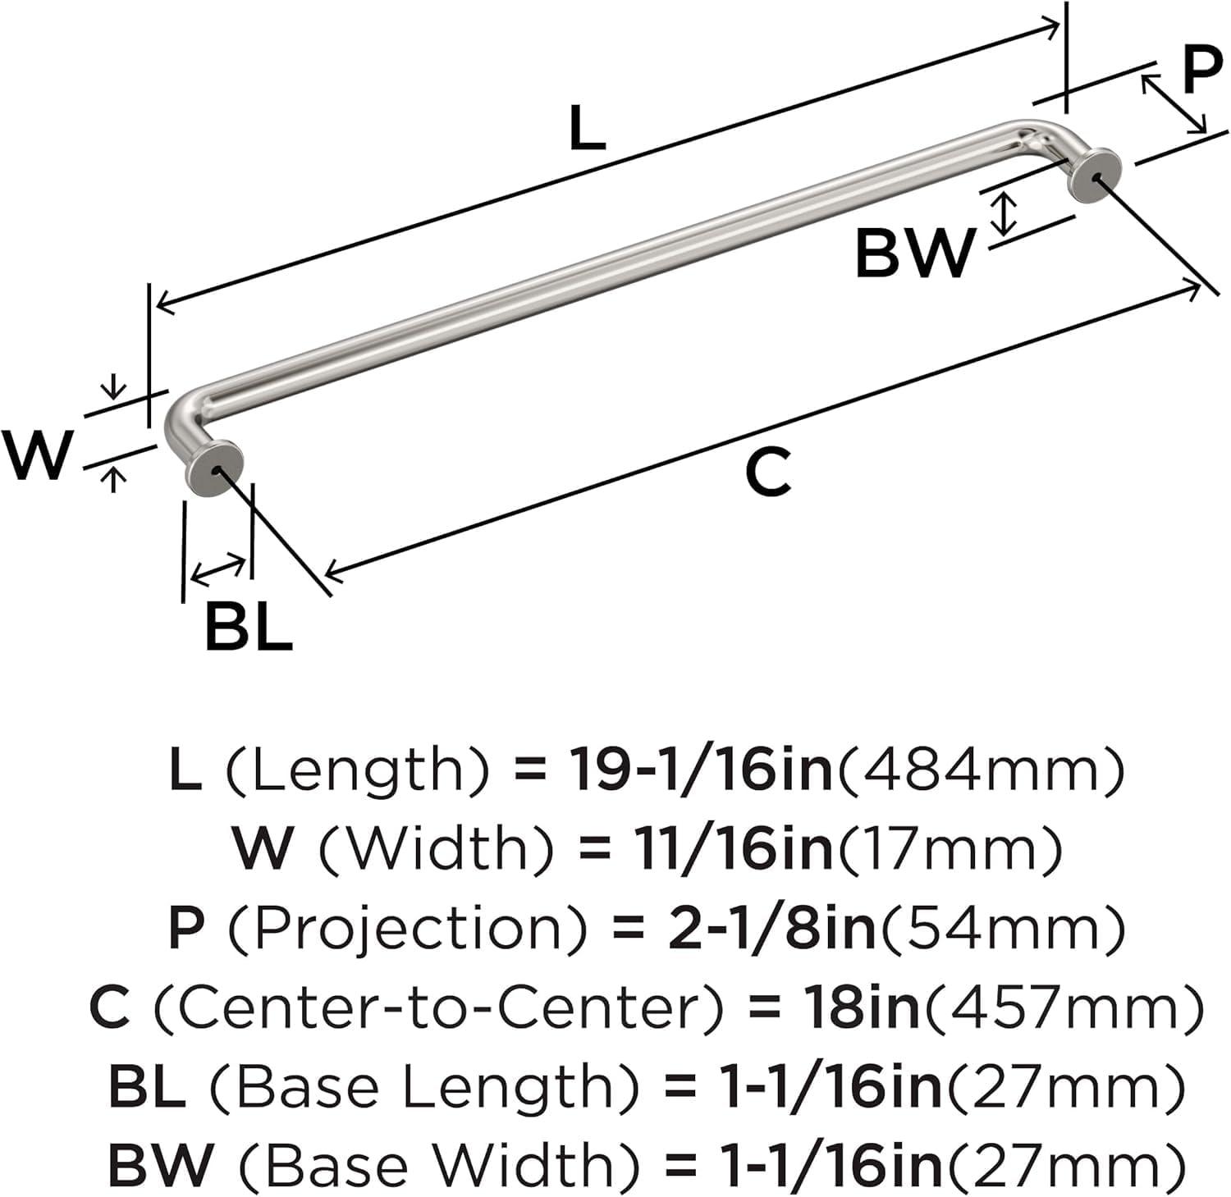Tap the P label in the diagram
pyautogui.click(x=1201, y=72)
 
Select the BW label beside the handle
pyautogui.click(x=914, y=254)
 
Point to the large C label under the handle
pyautogui.click(x=768, y=473)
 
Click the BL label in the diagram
pyautogui.click(x=249, y=627)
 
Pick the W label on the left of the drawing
pyautogui.click(x=37, y=455)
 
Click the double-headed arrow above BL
pyautogui.click(x=217, y=570)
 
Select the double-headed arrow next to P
pyautogui.click(x=1174, y=103)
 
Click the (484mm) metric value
pyautogui.click(x=978, y=770)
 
